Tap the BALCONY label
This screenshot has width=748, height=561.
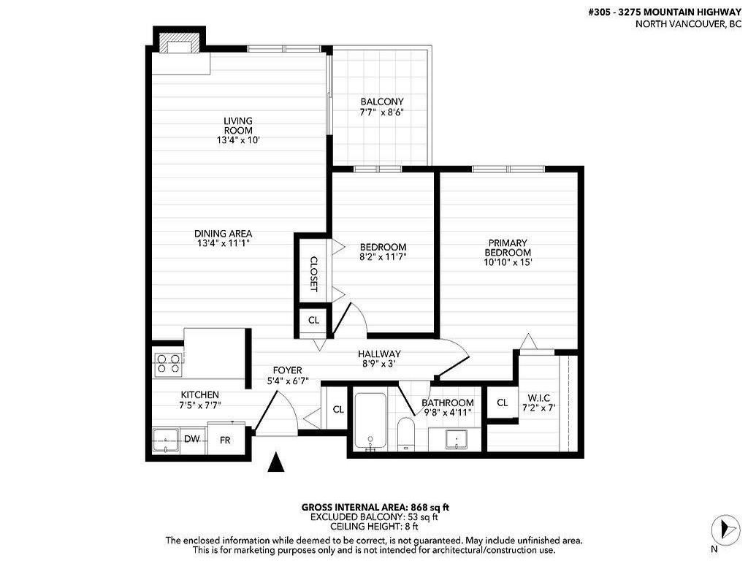(x=381, y=102)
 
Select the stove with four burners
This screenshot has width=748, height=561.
(x=167, y=363)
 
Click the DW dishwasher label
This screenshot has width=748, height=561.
(x=192, y=439)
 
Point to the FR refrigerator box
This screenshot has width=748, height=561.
(x=226, y=440)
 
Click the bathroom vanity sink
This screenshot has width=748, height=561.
(x=457, y=438)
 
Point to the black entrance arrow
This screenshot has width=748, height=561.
(x=276, y=462)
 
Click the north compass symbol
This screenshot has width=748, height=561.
(x=722, y=527)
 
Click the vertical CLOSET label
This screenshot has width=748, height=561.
(x=313, y=273)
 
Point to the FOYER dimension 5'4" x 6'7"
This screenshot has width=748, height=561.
(x=288, y=381)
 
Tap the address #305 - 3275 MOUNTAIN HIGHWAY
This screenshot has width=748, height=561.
(x=664, y=12)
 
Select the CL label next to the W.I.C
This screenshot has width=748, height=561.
(x=503, y=402)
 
